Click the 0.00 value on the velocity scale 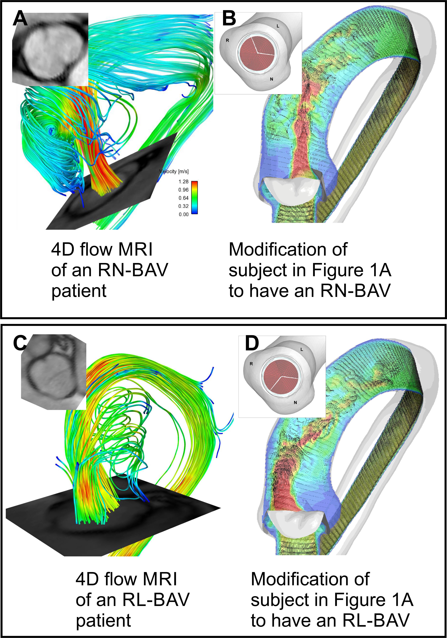point(183,214)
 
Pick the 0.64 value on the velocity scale point(183,198)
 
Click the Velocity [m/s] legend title point(174,171)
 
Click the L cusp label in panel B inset point(278,26)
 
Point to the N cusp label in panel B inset point(271,79)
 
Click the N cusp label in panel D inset point(295,402)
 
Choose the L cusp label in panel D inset point(302,350)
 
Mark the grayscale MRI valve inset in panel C point(53,372)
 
